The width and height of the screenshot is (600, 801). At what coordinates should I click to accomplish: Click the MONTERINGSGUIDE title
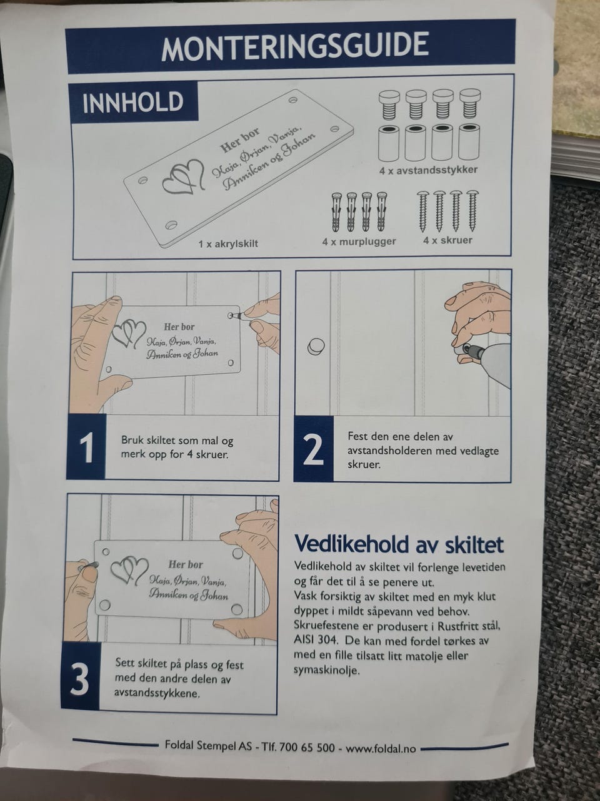coord(295,46)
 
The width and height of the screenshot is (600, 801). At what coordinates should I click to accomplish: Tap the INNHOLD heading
coord(132,102)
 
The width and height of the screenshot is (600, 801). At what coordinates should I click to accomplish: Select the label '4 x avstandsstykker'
coord(428,170)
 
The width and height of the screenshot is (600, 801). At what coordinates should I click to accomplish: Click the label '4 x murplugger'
coord(359,241)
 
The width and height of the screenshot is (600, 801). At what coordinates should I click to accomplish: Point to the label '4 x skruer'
coord(447,240)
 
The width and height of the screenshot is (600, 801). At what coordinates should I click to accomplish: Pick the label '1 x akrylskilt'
coord(228,244)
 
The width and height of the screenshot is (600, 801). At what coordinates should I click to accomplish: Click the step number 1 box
coord(87,447)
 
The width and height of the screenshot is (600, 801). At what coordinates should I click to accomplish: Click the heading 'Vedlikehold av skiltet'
coord(399,545)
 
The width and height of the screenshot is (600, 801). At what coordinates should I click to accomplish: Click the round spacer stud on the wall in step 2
coord(316,347)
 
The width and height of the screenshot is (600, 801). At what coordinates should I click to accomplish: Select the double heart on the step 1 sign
coord(129,334)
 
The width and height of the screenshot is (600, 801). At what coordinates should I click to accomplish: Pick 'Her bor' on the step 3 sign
coord(186,564)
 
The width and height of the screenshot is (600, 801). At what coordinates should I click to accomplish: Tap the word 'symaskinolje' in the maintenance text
coord(326,671)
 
